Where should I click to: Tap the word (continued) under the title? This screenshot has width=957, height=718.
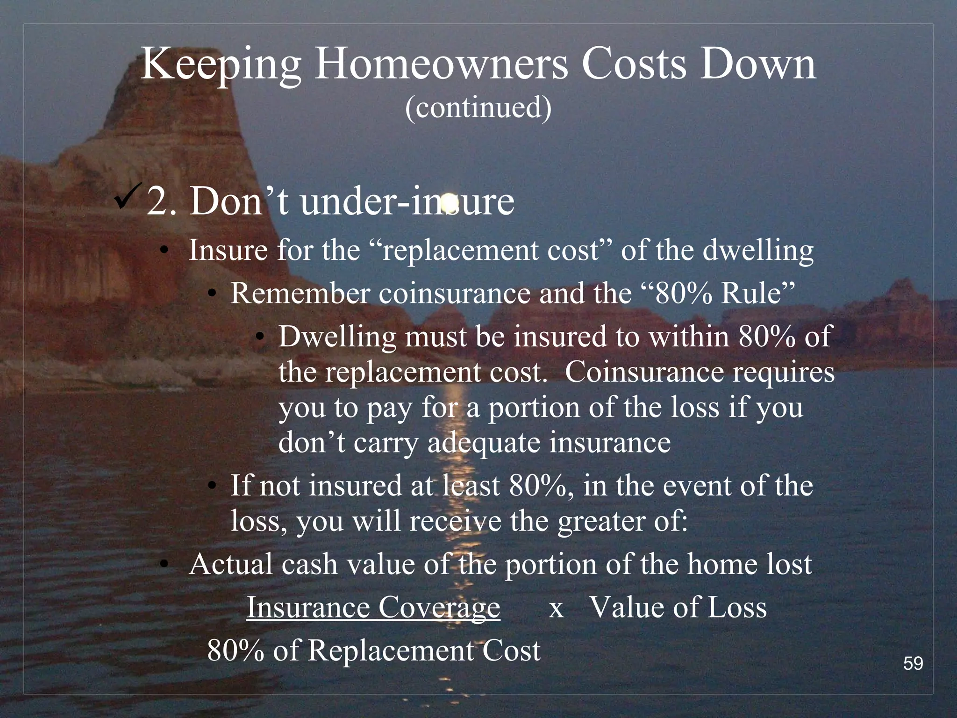pos(478,108)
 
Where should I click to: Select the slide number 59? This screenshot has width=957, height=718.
pos(913,663)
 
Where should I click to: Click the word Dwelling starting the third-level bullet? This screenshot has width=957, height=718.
pos(337,337)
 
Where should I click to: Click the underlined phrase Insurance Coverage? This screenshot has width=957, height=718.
pos(373,608)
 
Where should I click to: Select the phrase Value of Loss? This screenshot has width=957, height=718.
pos(678,608)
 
